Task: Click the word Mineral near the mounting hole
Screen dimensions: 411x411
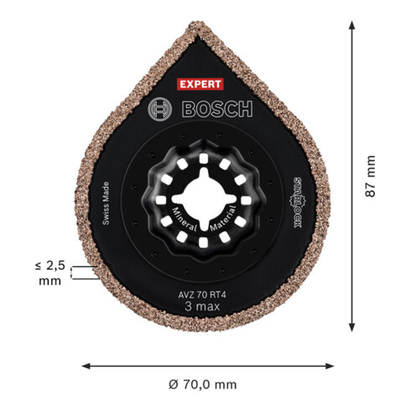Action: coord(185,221)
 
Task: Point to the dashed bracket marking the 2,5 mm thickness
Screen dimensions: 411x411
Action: coord(82,273)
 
